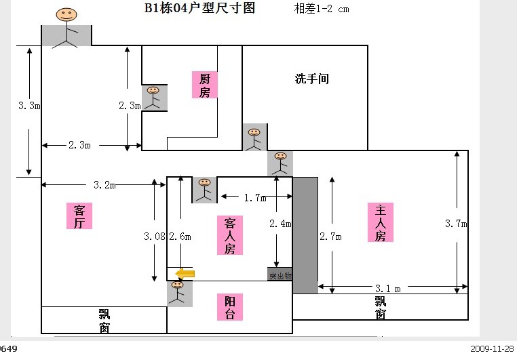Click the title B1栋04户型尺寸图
199,9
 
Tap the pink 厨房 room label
204,85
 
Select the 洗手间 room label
311,79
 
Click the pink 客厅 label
79,216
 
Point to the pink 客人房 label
230,235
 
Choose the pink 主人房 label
380,222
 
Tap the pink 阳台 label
230,307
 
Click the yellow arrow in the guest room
185,273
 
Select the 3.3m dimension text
29,106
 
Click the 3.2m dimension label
104,184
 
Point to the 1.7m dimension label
254,198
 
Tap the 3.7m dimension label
455,223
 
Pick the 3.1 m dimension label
387,288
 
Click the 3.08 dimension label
154,237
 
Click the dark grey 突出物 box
280,275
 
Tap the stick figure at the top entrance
66,27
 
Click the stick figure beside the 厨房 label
154,98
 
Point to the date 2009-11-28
492,349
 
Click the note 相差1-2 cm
322,9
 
